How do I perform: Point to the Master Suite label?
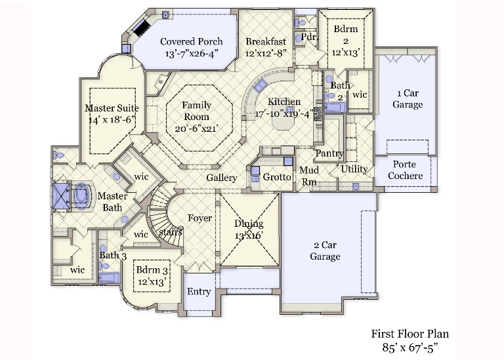[x=112, y=108]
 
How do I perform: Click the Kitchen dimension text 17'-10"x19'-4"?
[x=283, y=113]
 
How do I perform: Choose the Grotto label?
[x=277, y=177]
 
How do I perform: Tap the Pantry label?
[x=329, y=153]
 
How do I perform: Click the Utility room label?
[x=354, y=169]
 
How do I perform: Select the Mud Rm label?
[x=309, y=176]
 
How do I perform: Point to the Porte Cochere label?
[x=405, y=170]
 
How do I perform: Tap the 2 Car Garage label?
[x=325, y=250]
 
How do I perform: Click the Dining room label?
[x=248, y=224]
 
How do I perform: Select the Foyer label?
[x=200, y=218]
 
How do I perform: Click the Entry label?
[x=199, y=292]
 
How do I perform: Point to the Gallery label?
[x=222, y=178]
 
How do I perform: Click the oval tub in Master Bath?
[x=81, y=197]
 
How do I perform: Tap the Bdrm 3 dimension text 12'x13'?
[x=150, y=281]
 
